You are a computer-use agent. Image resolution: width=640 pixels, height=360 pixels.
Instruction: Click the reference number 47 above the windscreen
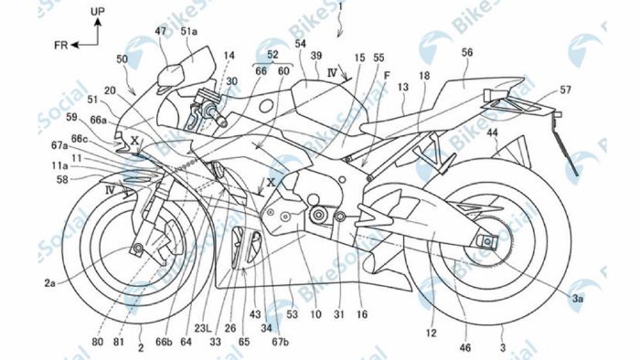(161, 31)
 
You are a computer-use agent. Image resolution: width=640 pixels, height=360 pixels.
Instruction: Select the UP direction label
(98, 11)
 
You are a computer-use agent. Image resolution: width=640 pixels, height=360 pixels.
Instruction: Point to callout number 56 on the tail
(467, 54)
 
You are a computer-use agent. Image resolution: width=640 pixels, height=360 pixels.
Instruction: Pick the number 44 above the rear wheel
(492, 133)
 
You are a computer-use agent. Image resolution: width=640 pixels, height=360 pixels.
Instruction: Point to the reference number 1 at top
(340, 7)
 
